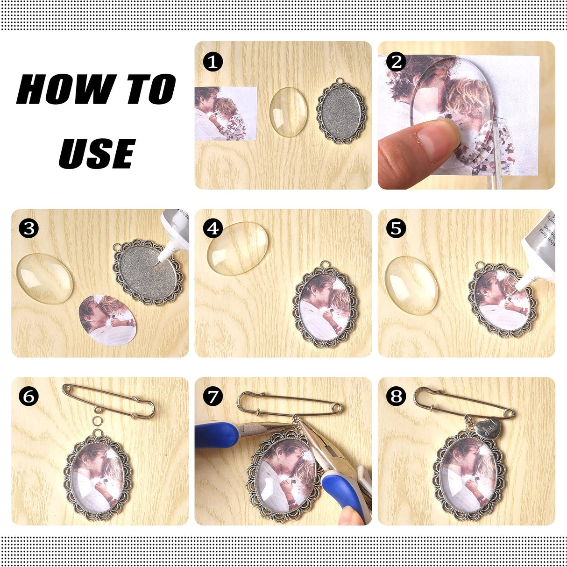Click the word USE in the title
(x=97, y=153)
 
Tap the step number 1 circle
(x=213, y=62)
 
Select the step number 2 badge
(x=397, y=62)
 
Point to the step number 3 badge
(x=29, y=228)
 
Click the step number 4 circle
(x=213, y=228)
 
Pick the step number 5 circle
(x=397, y=228)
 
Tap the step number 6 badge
(x=29, y=396)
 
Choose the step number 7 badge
(x=213, y=396)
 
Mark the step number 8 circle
(x=397, y=396)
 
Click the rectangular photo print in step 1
(x=225, y=113)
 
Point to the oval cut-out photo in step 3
(x=107, y=320)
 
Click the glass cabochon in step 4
(x=237, y=248)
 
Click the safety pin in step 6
(x=108, y=401)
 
